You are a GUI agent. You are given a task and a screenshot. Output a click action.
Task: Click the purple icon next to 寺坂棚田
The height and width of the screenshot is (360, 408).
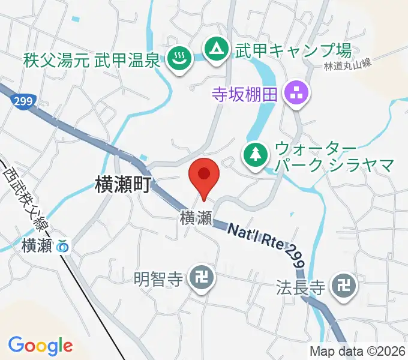pos(296,93)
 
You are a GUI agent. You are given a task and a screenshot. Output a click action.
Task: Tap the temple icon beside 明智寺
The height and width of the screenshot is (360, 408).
pos(199,278)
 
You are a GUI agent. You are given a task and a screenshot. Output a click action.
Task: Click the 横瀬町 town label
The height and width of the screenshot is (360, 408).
pos(122,184)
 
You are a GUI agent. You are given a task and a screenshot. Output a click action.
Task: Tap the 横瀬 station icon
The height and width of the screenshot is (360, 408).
pos(62,245)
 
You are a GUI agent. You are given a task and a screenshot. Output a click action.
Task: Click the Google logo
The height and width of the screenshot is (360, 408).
pos(40,345)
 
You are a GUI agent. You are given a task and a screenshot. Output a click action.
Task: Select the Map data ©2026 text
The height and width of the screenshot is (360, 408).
pos(358,351)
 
